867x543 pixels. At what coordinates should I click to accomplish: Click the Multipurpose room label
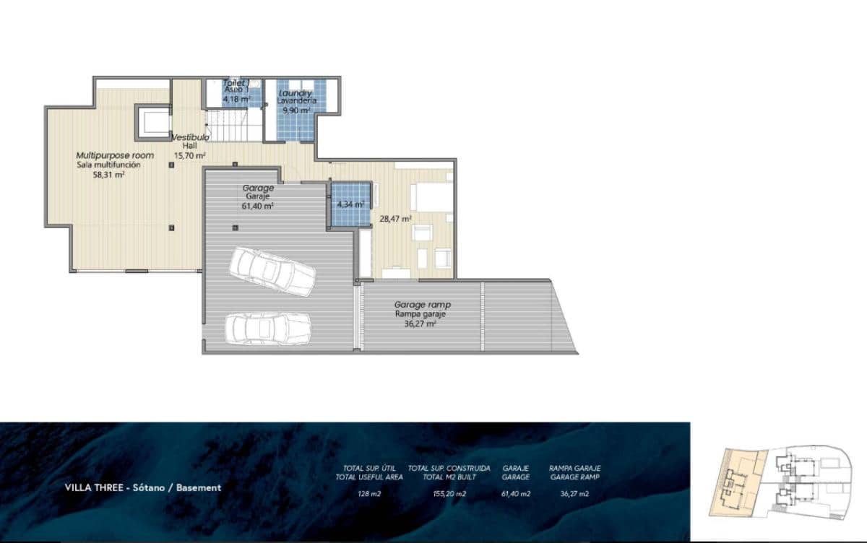pos(115,155)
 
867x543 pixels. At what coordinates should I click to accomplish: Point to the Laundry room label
pos(296,94)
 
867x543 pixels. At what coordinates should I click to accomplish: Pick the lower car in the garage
pos(267,329)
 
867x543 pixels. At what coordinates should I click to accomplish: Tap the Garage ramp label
pos(422,305)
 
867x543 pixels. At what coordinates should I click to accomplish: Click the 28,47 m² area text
pos(396,218)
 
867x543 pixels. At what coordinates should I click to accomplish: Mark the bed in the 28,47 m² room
pos(431,197)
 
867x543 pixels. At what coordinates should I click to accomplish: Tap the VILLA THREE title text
pos(142,487)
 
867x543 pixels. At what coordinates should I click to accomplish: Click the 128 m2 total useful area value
pos(369,494)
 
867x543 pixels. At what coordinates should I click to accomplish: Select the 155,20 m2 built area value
pos(449,494)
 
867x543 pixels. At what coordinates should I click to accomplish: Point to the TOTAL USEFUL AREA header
pos(369,477)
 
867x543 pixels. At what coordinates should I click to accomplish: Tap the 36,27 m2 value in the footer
pos(574,494)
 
